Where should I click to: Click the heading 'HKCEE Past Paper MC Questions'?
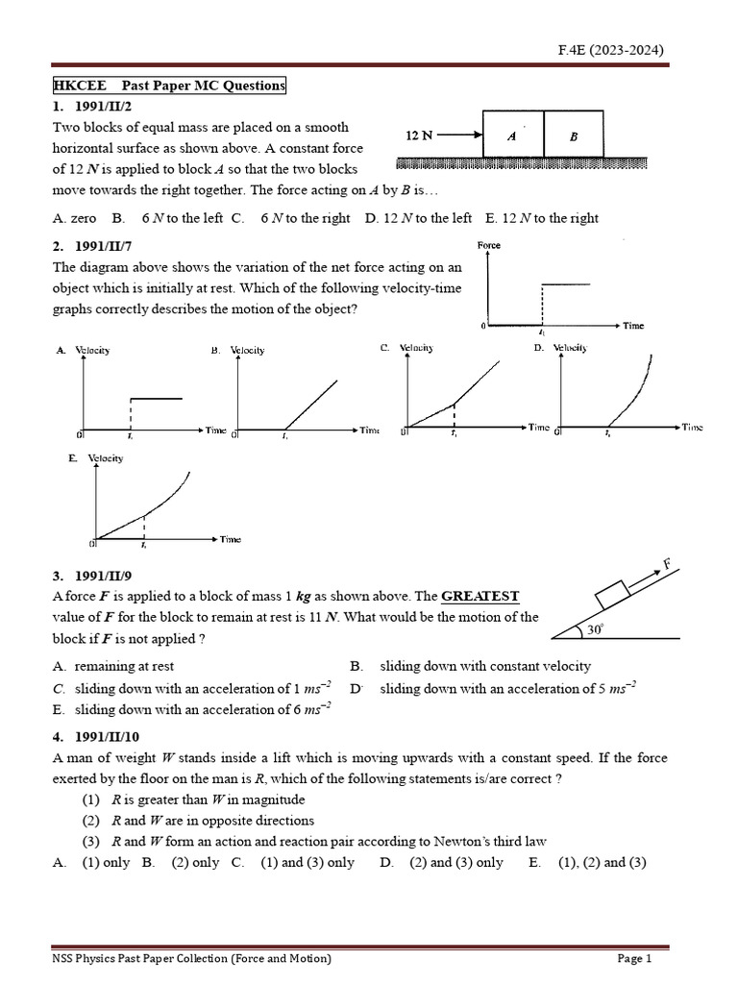168,86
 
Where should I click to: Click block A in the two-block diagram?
512,135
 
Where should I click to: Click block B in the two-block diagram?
574,135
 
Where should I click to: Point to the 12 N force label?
419,135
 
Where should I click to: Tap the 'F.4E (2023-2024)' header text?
611,50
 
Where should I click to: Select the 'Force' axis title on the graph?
489,246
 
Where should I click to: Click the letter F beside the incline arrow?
666,564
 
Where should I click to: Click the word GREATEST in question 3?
480,596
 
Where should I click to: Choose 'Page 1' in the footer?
634,958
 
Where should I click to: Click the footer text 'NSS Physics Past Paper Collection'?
192,958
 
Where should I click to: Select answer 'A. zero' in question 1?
75,218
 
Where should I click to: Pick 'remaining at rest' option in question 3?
124,666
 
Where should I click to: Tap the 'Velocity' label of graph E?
105,458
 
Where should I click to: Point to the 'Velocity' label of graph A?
92,350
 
